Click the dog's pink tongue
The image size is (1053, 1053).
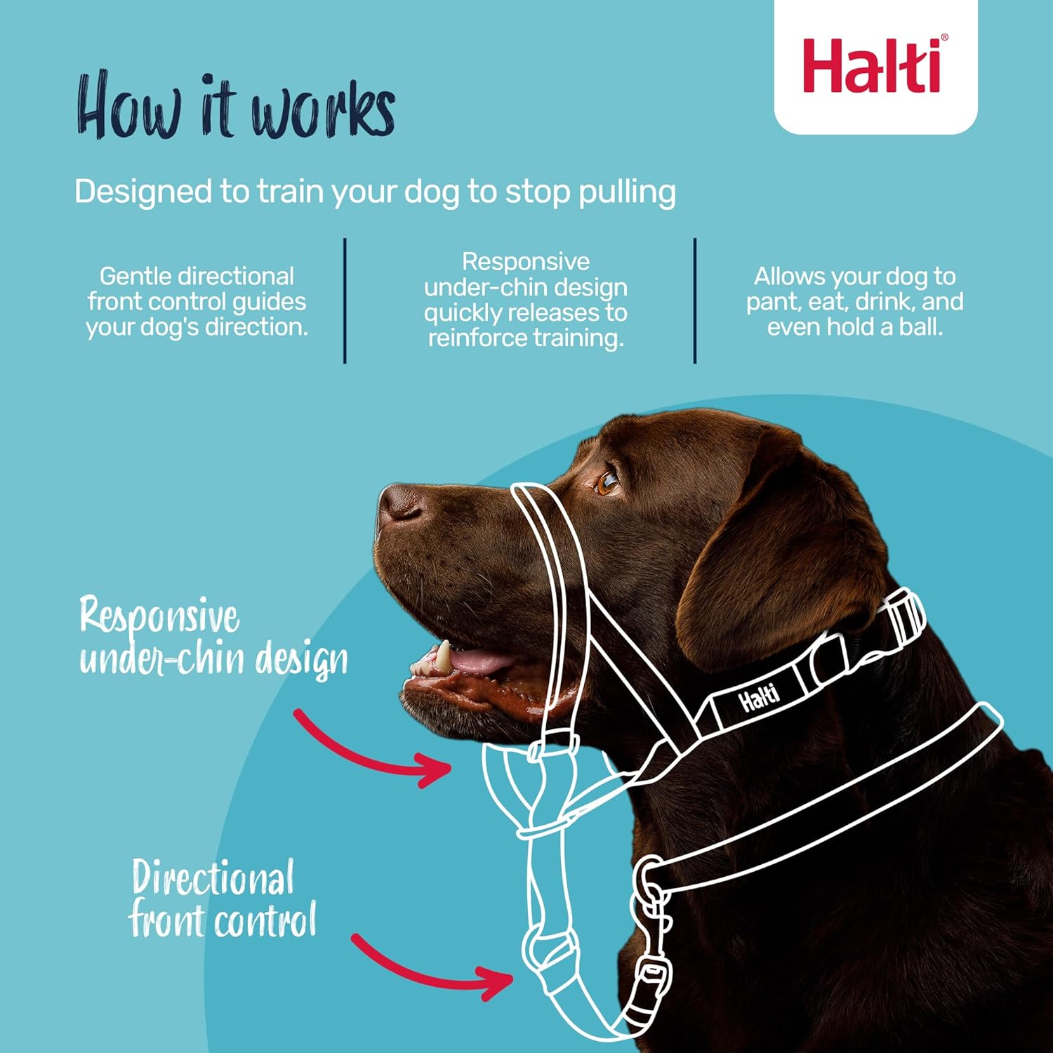477,661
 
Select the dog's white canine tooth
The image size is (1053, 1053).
443,657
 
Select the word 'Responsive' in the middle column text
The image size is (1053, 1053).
525,262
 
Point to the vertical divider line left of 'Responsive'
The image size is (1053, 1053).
345,300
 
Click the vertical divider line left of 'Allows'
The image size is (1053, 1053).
695,300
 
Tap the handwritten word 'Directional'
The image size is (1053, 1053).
212,877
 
